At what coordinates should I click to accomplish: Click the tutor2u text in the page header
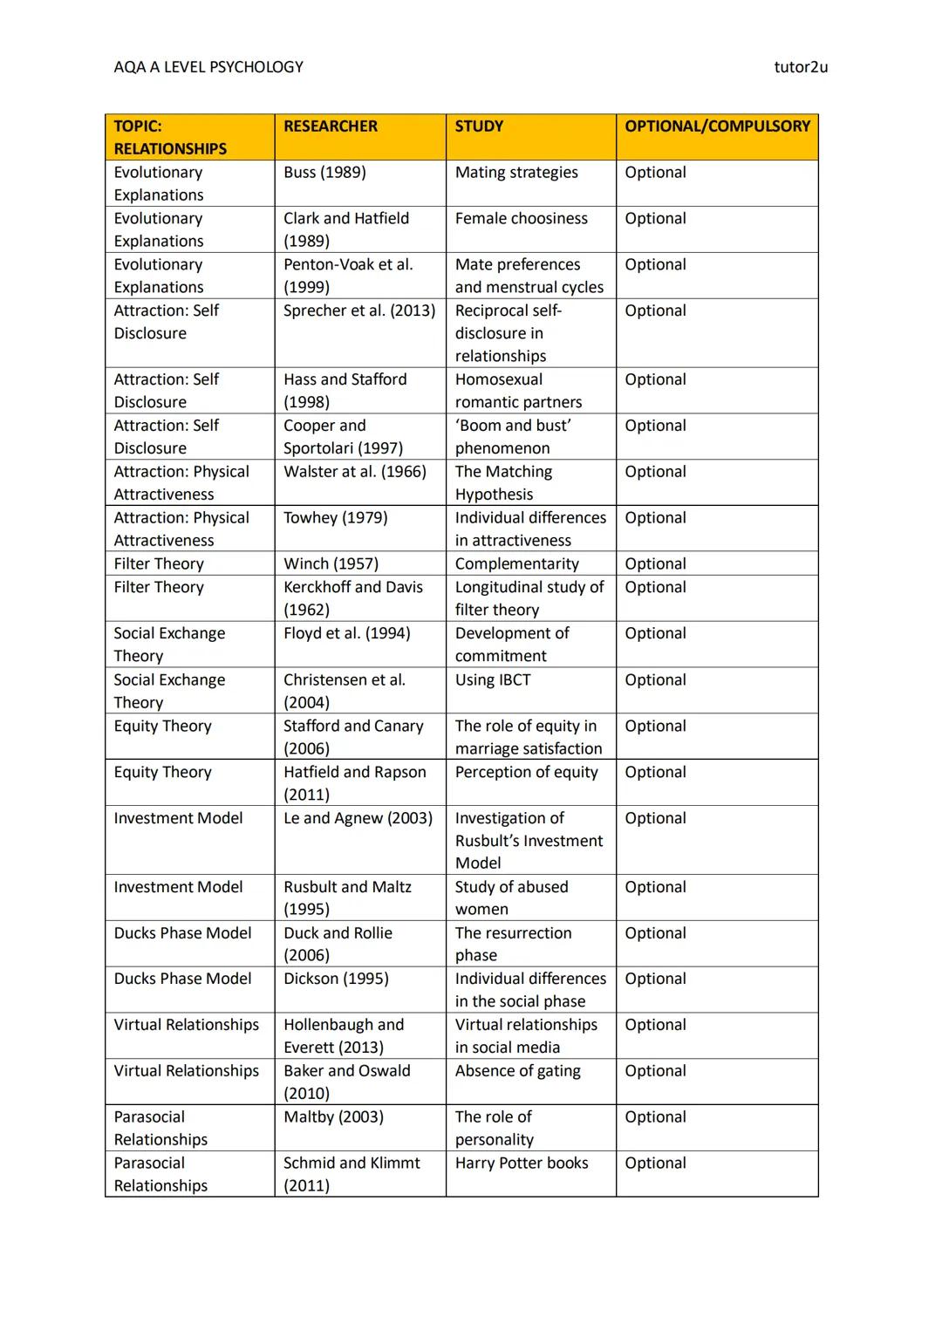point(800,67)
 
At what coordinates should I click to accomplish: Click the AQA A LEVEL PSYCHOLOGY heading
point(208,67)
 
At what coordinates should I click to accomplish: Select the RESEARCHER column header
point(331,126)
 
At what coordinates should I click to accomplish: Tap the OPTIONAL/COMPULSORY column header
point(717,126)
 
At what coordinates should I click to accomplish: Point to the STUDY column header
point(479,126)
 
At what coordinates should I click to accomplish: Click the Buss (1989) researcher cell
point(324,173)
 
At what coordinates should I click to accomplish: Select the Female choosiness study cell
point(521,219)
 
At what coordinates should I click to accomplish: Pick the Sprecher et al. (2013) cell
point(358,311)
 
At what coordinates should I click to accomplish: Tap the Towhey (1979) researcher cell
point(335,518)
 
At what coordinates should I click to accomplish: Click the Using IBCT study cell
point(493,680)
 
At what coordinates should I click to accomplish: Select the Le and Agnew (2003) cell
point(358,818)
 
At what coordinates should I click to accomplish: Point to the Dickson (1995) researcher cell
point(336,979)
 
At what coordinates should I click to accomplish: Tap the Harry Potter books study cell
point(522,1164)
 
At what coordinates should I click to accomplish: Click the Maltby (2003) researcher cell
point(333,1117)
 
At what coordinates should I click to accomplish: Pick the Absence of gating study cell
point(517,1071)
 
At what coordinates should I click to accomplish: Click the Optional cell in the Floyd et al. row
point(655,634)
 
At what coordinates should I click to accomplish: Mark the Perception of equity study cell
point(526,773)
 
